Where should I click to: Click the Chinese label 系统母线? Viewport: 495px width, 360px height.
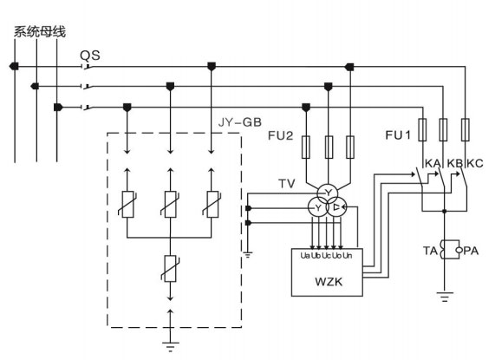click(40, 32)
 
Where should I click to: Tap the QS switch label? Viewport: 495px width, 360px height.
click(90, 56)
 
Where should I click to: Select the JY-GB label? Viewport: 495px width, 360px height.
click(240, 122)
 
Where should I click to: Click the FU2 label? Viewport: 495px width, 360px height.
click(281, 135)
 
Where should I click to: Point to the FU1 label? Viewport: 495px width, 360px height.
click(398, 135)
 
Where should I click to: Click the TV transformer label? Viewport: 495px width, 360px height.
click(287, 184)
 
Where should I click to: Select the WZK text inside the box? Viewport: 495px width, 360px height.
click(329, 282)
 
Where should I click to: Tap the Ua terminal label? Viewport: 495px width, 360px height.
click(305, 256)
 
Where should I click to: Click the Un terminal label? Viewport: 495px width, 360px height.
click(348, 256)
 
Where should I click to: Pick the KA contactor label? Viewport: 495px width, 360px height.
click(433, 163)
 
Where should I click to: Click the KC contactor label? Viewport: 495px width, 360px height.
click(475, 163)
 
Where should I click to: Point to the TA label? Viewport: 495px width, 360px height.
click(430, 251)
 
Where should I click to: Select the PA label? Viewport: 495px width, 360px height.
click(471, 251)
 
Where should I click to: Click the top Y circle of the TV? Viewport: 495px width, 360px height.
click(328, 193)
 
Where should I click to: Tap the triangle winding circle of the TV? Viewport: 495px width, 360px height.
click(336, 207)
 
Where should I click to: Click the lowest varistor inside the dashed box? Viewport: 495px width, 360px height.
click(170, 268)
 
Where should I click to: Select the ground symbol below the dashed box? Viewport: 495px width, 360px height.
click(170, 346)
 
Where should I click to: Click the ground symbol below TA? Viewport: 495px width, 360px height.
click(445, 297)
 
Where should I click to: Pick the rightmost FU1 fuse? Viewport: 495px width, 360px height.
click(465, 129)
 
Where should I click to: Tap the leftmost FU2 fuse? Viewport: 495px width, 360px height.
click(306, 147)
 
